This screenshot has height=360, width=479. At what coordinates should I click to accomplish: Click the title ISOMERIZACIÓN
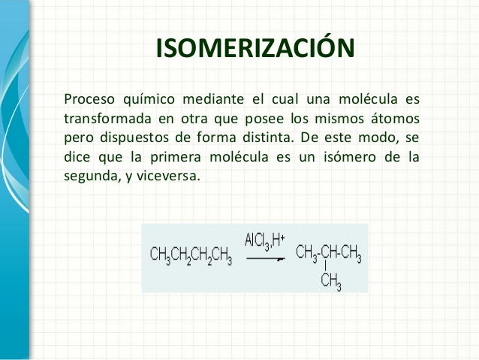pos(255,50)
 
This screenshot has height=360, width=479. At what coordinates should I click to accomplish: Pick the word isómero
pos(351,159)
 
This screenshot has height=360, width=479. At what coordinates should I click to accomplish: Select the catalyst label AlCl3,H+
pos(264,241)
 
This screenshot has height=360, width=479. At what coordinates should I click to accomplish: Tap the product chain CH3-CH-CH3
pos(329,256)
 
